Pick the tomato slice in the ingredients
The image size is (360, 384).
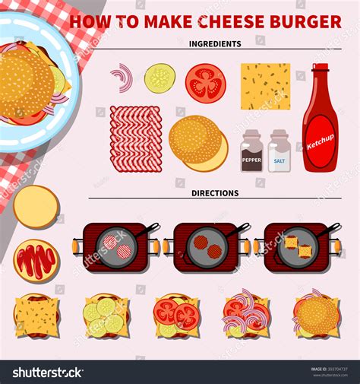pos(205,82)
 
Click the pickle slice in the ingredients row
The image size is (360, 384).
pos(159,78)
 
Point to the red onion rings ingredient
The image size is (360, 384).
pos(122,78)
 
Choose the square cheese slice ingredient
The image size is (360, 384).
pos(265,86)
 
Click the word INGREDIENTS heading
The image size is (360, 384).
pos(215,44)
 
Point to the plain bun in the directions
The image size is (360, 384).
pos(36,206)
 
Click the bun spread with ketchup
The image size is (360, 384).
pos(36,260)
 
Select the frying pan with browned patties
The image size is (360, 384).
pos(207,247)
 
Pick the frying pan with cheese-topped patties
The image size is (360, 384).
pos(297,247)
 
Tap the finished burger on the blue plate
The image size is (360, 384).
pos(27,82)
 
